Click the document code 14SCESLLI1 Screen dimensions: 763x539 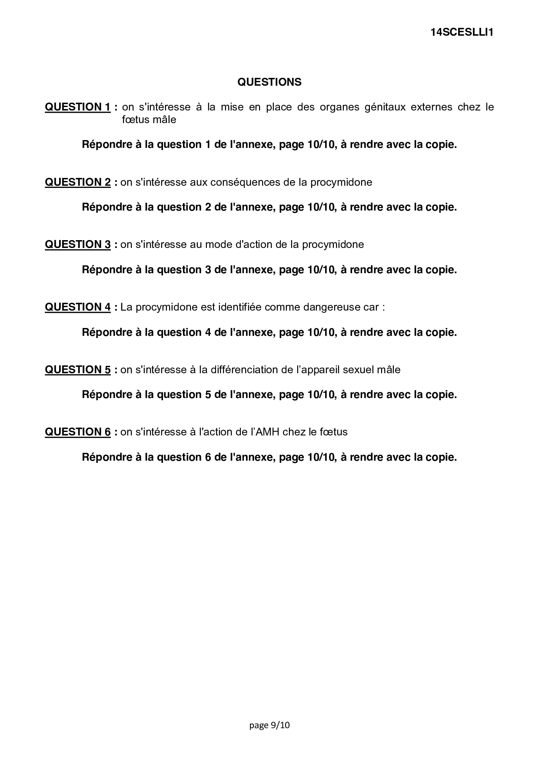click(x=462, y=33)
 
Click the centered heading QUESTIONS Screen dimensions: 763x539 click(x=269, y=82)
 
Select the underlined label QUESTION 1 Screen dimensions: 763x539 click(x=78, y=107)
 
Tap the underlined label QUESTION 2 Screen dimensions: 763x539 click(x=78, y=182)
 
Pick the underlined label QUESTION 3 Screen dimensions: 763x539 click(x=78, y=244)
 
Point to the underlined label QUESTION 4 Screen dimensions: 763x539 click(x=78, y=307)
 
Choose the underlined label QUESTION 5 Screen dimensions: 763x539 click(x=78, y=370)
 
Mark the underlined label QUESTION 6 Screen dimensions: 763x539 click(x=78, y=432)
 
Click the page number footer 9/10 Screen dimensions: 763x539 click(x=269, y=725)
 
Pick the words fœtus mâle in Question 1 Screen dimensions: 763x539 click(x=149, y=120)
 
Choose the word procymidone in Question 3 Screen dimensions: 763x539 click(x=333, y=244)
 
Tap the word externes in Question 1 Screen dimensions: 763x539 click(x=431, y=107)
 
